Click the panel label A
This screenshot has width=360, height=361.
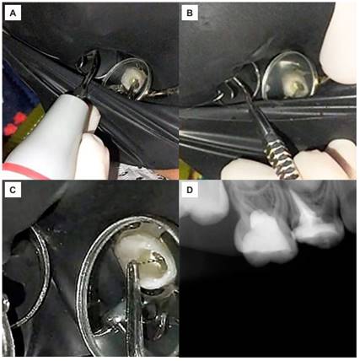(x=13, y=13)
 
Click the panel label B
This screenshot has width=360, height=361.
(x=190, y=13)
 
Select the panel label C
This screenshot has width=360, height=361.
(x=13, y=190)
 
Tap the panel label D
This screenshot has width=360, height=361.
(x=190, y=190)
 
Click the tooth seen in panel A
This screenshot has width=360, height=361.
(x=133, y=78)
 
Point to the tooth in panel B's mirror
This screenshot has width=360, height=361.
(x=293, y=83)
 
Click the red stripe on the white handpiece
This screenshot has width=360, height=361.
(x=24, y=171)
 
